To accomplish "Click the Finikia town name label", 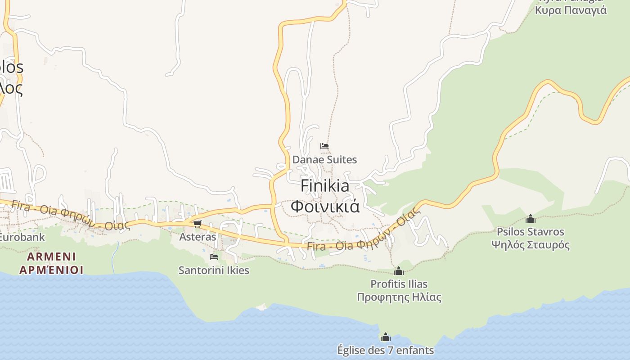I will (x=324, y=185).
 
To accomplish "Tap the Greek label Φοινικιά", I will (x=324, y=206).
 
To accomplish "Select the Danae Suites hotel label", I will (x=324, y=160).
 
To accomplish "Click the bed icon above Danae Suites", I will (x=324, y=146).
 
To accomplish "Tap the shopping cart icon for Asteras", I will (x=197, y=224).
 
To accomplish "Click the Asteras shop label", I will (x=198, y=237).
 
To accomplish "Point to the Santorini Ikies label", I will (x=214, y=270).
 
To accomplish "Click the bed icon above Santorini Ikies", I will (x=214, y=257).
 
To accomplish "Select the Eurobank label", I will (x=22, y=237).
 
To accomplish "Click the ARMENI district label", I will (x=51, y=257).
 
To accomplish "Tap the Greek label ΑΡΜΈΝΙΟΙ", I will (x=51, y=270).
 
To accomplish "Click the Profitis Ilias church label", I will (x=399, y=284).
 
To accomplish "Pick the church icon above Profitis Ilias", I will (x=399, y=271).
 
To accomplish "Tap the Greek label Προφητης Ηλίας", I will (x=399, y=297).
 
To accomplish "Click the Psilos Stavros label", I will (x=531, y=232).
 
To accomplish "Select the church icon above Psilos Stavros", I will (x=531, y=219).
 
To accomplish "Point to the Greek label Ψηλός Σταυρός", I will (x=531, y=245).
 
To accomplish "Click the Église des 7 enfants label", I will (x=386, y=350).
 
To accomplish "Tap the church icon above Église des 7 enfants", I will (x=386, y=337).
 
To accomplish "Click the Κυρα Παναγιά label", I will (x=571, y=10).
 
